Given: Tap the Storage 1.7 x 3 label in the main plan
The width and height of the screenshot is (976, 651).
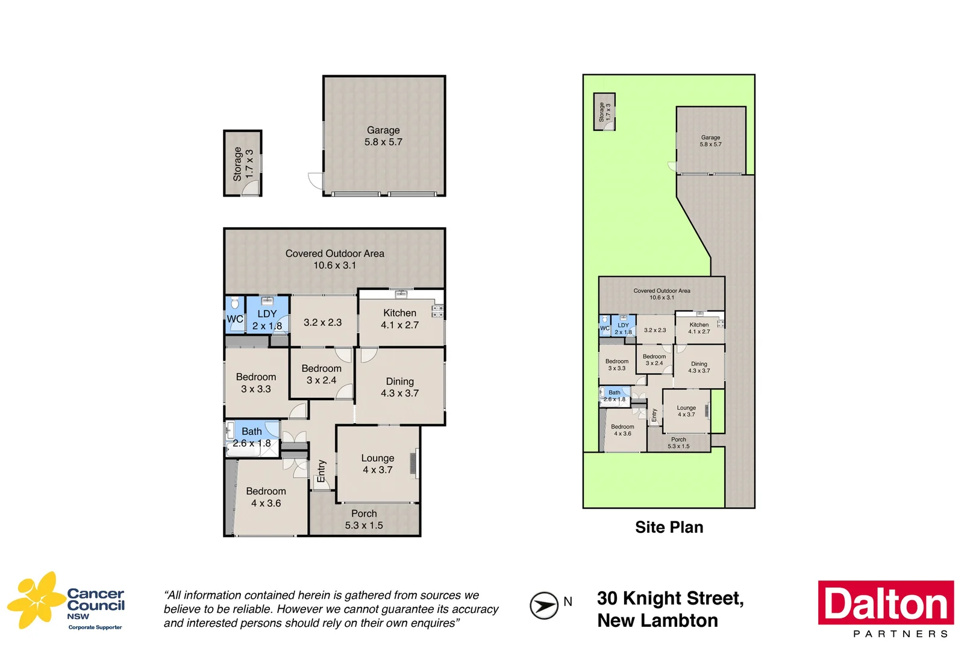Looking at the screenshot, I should pos(243,165).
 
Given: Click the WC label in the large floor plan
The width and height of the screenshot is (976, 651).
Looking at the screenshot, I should pos(235,319).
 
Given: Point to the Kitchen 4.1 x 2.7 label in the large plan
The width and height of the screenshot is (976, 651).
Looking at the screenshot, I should pos(399,319).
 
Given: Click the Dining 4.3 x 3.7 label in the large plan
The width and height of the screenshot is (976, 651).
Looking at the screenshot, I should pos(399,387).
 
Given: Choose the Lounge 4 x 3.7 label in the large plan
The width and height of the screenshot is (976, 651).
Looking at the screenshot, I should pos(377,464).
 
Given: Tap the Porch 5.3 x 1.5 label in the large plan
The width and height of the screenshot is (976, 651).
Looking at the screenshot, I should pos(364,519).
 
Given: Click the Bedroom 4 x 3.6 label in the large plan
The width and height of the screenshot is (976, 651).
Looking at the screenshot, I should pos(266,497).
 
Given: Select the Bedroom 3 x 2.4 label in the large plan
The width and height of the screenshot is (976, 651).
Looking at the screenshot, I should pos(321,374).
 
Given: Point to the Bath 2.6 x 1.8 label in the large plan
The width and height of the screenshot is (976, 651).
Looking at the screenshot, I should pos(252,437).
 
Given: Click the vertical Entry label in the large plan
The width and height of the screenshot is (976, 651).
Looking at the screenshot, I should pos(321,471).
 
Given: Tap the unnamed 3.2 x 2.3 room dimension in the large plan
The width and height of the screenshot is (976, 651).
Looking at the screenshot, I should pos(322,322).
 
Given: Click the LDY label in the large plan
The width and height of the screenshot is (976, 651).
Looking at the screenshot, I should pos(267,314).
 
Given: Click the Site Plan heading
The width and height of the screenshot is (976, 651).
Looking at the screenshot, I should pos(669,527).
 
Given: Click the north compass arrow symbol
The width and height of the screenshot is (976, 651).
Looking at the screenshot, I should pos(543,605).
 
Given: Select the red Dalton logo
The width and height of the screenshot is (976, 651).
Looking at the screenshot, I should pos(885,603).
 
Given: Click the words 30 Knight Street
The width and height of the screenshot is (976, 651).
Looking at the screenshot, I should pos(670,599).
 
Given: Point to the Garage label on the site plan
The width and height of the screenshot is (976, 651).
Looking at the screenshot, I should pos(710,138).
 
